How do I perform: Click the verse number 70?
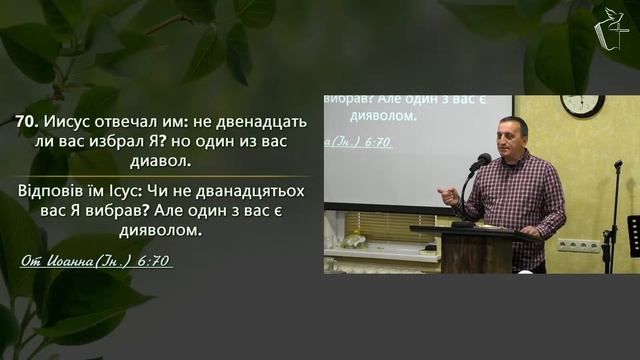coord(27,122)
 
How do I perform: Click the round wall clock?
coord(582,104)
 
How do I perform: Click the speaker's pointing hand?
coord(447,196)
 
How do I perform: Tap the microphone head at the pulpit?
coord(483,160)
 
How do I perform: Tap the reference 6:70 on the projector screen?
coord(374,142)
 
